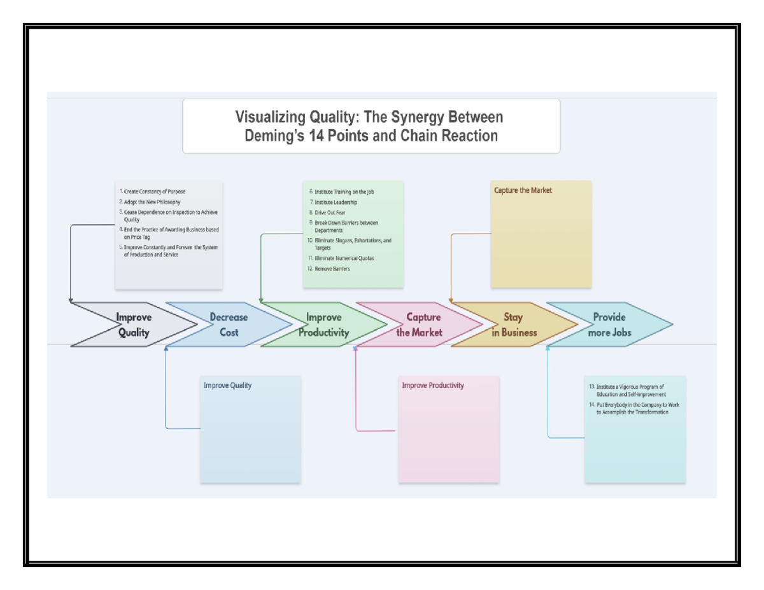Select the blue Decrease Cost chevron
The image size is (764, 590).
(229, 325)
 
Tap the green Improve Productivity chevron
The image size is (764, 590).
(324, 325)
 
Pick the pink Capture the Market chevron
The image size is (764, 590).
(420, 325)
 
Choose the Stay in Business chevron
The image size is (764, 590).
(514, 325)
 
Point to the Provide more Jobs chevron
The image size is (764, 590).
(609, 325)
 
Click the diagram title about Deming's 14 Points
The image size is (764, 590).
(371, 126)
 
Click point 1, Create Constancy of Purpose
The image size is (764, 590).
(154, 191)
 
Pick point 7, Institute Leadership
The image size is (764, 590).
(336, 202)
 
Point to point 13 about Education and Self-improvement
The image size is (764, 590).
(626, 390)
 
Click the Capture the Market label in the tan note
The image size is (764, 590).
(523, 190)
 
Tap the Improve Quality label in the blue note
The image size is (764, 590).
(227, 385)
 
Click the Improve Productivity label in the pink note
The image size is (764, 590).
(432, 385)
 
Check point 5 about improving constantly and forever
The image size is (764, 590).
(168, 251)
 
